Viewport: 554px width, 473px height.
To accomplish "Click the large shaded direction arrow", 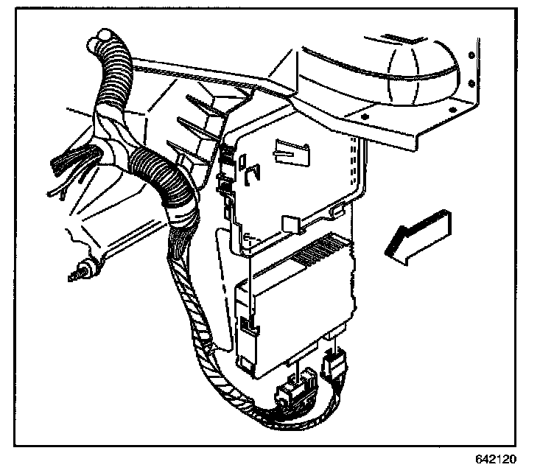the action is point(418,234).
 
